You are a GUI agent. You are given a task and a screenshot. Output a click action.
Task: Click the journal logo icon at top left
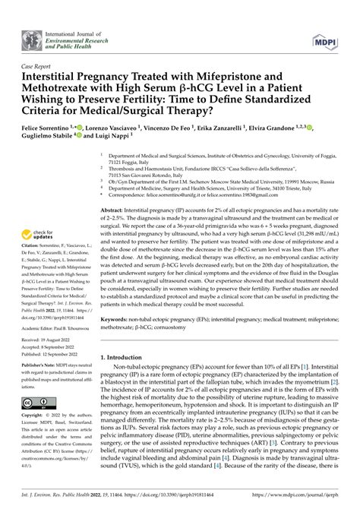(32, 37)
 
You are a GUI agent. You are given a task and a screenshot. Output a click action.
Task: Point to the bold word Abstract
(115, 209)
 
